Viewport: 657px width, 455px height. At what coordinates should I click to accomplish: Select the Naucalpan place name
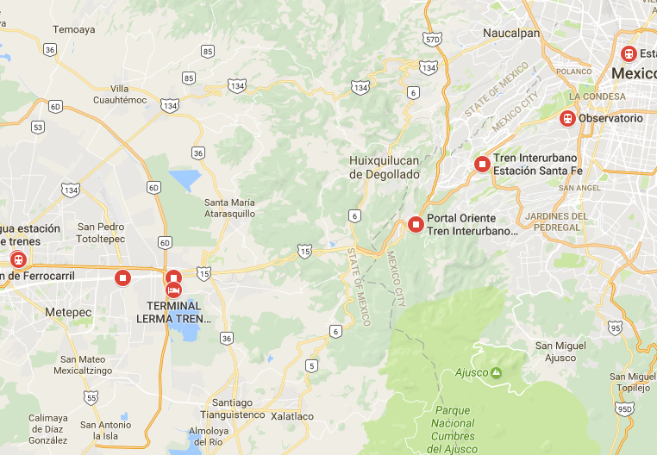pyautogui.click(x=511, y=34)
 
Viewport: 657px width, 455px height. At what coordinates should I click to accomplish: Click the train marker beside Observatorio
pyautogui.click(x=567, y=118)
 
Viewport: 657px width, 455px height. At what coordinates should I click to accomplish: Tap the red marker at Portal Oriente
pyautogui.click(x=416, y=225)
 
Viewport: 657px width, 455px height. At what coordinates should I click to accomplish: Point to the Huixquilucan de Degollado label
pyautogui.click(x=385, y=167)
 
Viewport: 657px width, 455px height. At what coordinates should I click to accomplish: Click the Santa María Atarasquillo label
pyautogui.click(x=229, y=208)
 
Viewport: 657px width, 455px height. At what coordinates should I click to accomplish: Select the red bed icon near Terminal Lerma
pyautogui.click(x=173, y=290)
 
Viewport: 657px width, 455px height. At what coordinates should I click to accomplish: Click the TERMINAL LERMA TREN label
pyautogui.click(x=173, y=312)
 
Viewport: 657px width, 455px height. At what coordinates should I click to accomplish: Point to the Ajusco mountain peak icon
pyautogui.click(x=497, y=372)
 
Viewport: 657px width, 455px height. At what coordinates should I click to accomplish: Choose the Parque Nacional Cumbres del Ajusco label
pyautogui.click(x=453, y=429)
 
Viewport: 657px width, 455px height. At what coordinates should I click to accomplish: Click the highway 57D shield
pyautogui.click(x=433, y=39)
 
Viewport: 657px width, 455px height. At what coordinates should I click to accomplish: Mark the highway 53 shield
pyautogui.click(x=37, y=127)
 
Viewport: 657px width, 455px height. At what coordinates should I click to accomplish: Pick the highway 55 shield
pyautogui.click(x=91, y=397)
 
